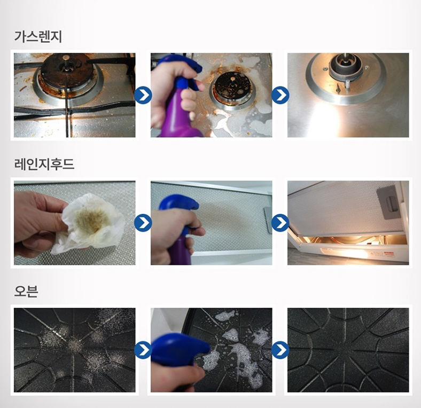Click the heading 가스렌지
click(x=38, y=37)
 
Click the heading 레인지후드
click(x=44, y=164)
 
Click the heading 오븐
click(x=26, y=292)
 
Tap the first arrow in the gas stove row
click(x=143, y=96)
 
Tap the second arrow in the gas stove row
click(x=280, y=96)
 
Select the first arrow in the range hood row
click(x=143, y=223)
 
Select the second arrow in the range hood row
click(x=280, y=223)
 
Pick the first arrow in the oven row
click(x=143, y=350)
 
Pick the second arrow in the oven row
click(x=280, y=350)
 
